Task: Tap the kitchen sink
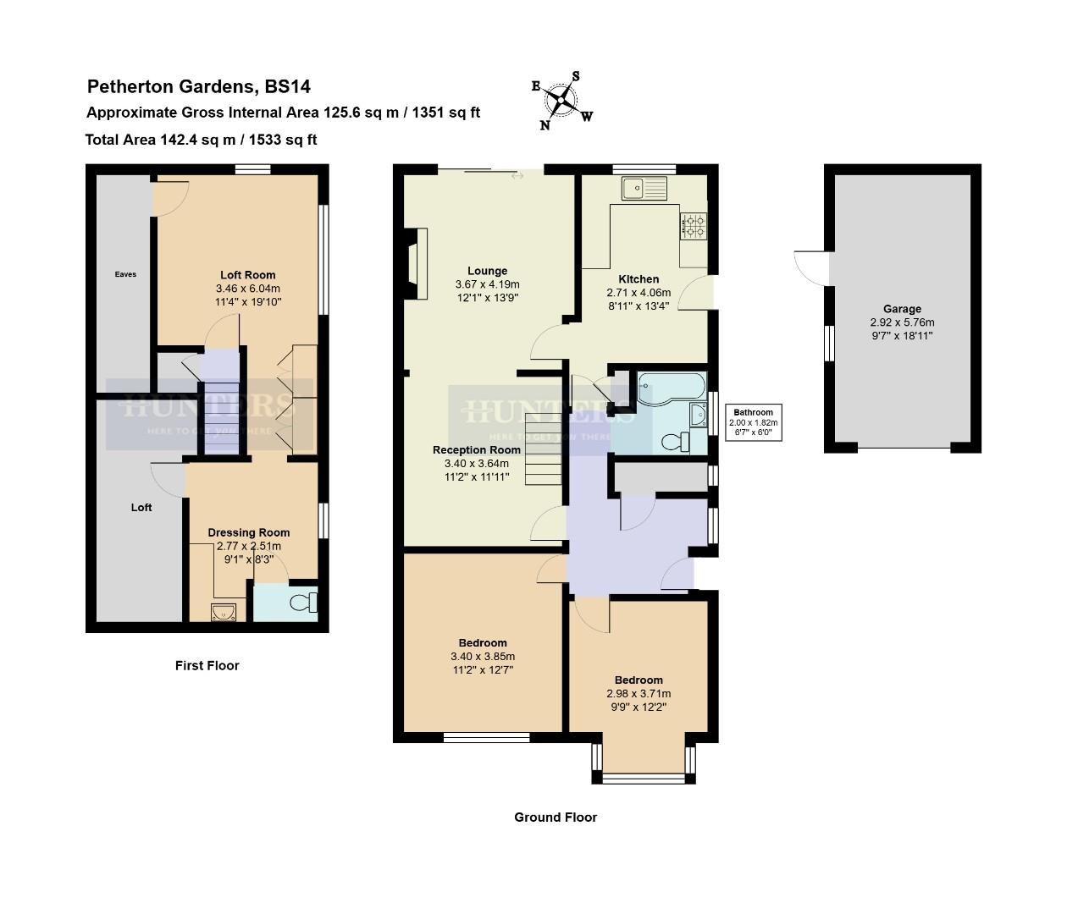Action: tap(644, 188)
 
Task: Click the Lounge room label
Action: tap(487, 272)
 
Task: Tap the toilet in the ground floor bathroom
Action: tap(674, 442)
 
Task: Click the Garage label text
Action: tap(902, 309)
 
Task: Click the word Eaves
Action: tap(125, 274)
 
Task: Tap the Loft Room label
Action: tap(247, 275)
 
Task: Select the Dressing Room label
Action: tap(249, 532)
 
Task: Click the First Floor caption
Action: tap(207, 666)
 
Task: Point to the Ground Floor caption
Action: tap(556, 818)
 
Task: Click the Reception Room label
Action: tap(476, 450)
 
